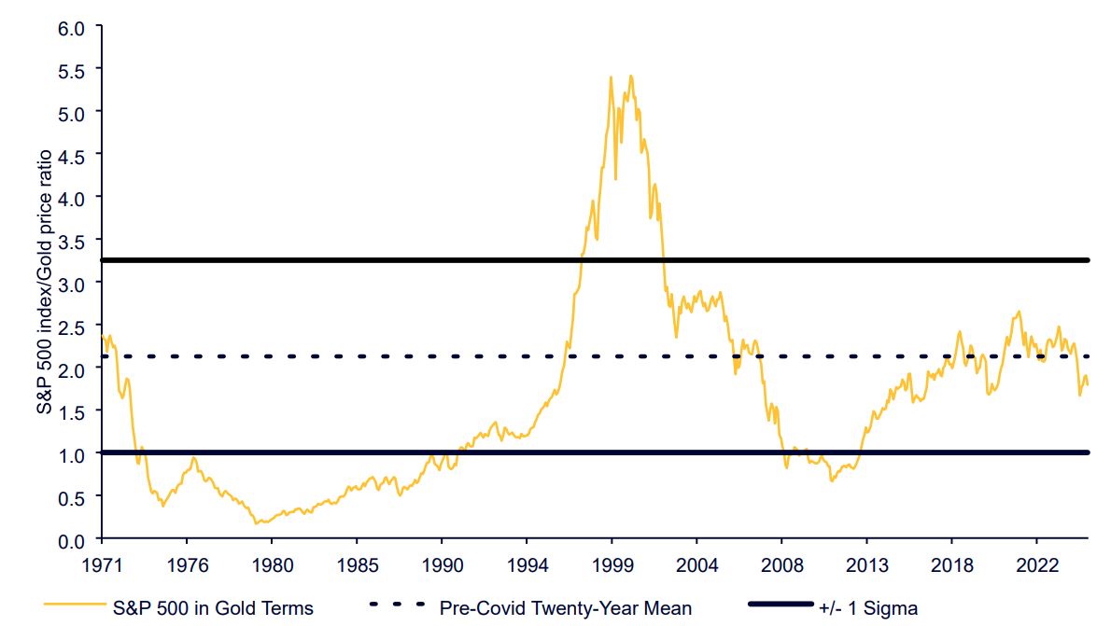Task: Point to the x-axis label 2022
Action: (x=1037, y=564)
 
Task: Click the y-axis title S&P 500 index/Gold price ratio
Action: (x=45, y=284)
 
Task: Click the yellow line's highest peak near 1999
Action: (x=631, y=76)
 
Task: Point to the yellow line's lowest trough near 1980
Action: (x=257, y=523)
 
